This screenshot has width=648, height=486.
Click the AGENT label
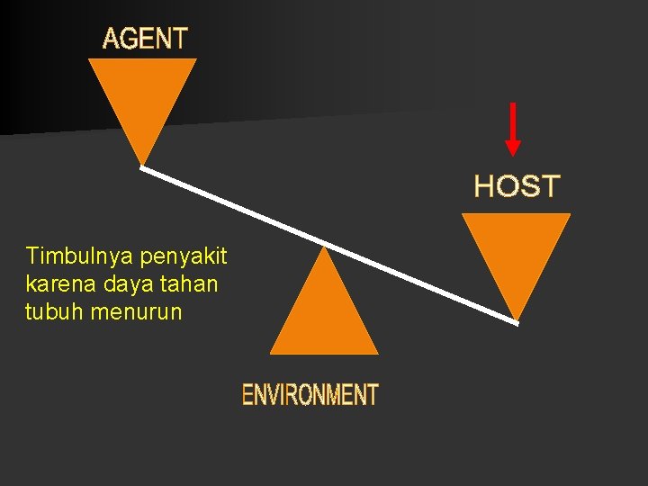[x=145, y=39]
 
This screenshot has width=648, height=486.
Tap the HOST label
[x=517, y=187]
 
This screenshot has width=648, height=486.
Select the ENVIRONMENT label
[x=310, y=394]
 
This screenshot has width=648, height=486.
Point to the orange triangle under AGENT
[x=142, y=99]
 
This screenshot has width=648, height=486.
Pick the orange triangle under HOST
[x=516, y=252]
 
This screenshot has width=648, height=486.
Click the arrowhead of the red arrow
[x=512, y=148]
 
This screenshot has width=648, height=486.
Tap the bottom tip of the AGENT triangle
[x=142, y=164]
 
